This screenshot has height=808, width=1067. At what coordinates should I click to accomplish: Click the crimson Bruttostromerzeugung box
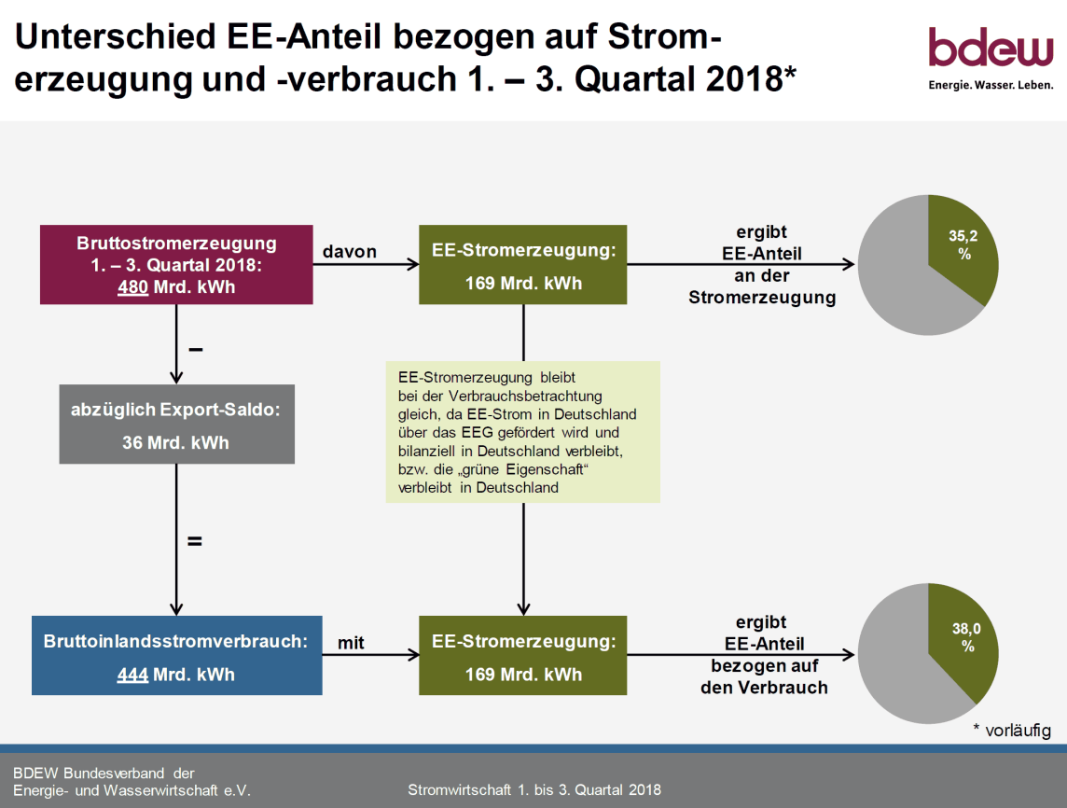pos(176,265)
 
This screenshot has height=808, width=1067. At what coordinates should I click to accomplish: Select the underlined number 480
pos(132,287)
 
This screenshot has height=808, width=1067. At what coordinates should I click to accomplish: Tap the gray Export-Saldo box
pos(177,425)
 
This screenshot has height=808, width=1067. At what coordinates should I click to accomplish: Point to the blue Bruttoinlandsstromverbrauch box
pos(177,656)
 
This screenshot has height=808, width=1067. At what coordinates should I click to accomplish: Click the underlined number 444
pos(132,675)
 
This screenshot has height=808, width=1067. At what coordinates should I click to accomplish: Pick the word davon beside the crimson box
pos(350,252)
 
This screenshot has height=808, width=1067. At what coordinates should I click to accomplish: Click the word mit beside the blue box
pos(351,643)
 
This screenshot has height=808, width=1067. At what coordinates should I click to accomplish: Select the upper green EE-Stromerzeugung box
pos(522,265)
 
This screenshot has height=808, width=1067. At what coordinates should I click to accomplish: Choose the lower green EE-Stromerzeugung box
pos(522,656)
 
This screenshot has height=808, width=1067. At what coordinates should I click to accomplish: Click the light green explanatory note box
pos(522,432)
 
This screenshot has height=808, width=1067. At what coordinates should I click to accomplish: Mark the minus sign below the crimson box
pos(195,350)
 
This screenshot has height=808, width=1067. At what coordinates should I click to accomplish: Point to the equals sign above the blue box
pos(195,542)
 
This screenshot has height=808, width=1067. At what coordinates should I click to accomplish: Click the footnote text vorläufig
pos(1018,731)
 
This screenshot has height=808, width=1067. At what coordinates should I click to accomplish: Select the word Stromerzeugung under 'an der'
pos(762,299)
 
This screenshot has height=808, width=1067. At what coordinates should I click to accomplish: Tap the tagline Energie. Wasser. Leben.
pos(991,85)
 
